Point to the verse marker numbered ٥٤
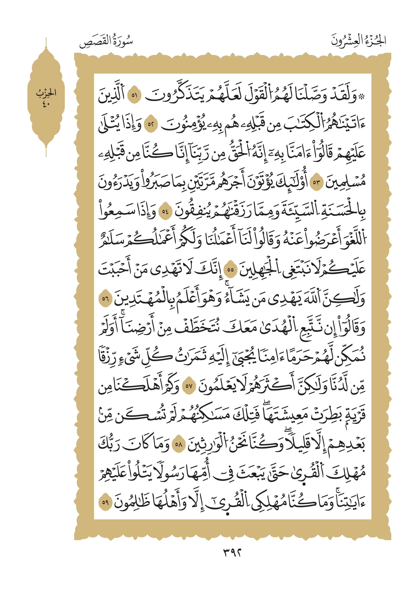(x=165, y=211)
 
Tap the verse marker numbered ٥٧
(x=189, y=386)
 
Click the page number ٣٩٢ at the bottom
(x=232, y=553)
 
